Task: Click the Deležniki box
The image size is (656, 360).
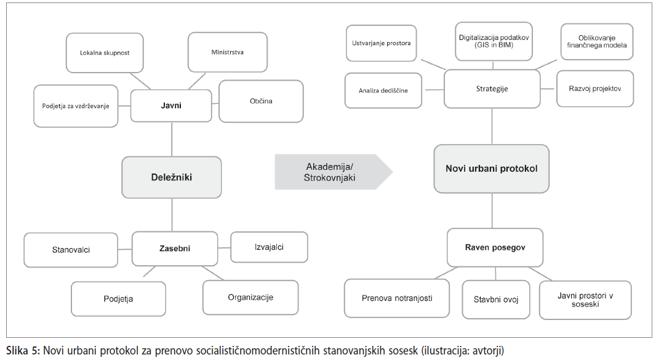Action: (172, 177)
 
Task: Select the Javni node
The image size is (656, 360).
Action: (171, 105)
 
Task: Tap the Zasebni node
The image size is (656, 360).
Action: (175, 249)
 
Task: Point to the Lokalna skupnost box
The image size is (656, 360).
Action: (105, 53)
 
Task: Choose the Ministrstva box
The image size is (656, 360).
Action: (228, 52)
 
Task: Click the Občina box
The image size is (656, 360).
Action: (261, 102)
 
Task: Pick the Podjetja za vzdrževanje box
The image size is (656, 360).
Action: (76, 106)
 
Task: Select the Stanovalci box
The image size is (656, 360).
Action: (71, 250)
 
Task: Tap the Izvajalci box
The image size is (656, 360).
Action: (269, 247)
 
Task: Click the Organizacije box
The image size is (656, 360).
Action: (250, 298)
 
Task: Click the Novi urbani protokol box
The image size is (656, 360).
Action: (492, 169)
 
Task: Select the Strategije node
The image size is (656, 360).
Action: (492, 89)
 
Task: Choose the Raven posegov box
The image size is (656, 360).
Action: (495, 247)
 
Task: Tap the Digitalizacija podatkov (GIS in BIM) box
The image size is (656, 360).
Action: (494, 41)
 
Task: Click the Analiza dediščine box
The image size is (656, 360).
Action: (383, 90)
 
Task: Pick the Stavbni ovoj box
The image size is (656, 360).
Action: (496, 300)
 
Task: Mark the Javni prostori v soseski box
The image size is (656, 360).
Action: (585, 300)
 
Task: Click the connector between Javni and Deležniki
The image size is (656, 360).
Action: (172, 139)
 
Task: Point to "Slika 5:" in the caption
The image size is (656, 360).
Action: (23, 350)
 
